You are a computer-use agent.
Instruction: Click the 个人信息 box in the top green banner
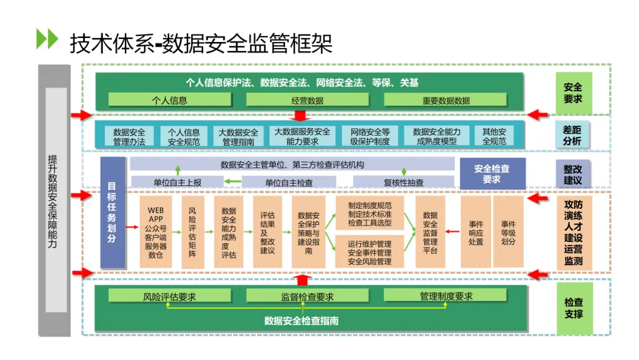pyautogui.click(x=170, y=100)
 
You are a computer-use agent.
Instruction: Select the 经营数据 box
pyautogui.click(x=307, y=100)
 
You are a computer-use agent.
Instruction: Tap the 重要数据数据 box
pyautogui.click(x=446, y=100)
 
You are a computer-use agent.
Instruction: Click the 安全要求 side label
pyautogui.click(x=573, y=93)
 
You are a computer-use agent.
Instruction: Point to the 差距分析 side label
pyautogui.click(x=572, y=136)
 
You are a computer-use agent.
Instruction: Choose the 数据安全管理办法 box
pyautogui.click(x=129, y=136)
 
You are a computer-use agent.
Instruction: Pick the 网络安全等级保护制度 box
pyautogui.click(x=370, y=136)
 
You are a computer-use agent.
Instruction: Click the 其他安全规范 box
pyautogui.click(x=494, y=136)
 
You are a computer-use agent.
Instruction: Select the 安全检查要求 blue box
pyautogui.click(x=492, y=173)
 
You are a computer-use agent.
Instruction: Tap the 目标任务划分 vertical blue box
pyautogui.click(x=112, y=213)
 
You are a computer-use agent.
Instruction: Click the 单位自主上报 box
pyautogui.click(x=177, y=182)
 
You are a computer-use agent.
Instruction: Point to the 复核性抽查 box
pyautogui.click(x=404, y=182)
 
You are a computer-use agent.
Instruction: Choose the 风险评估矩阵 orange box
pyautogui.click(x=192, y=232)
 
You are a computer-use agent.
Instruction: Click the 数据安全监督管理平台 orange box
pyautogui.click(x=430, y=232)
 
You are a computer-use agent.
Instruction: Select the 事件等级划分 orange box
pyautogui.click(x=508, y=232)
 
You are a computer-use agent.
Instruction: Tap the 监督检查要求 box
pyautogui.click(x=307, y=295)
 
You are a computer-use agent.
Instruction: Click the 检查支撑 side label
pyautogui.click(x=574, y=308)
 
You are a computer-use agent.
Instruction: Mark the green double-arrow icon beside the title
pyautogui.click(x=47, y=39)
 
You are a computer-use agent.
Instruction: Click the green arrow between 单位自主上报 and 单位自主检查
pyautogui.click(x=233, y=182)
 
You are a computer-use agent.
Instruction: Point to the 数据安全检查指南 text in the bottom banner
pyautogui.click(x=302, y=321)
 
